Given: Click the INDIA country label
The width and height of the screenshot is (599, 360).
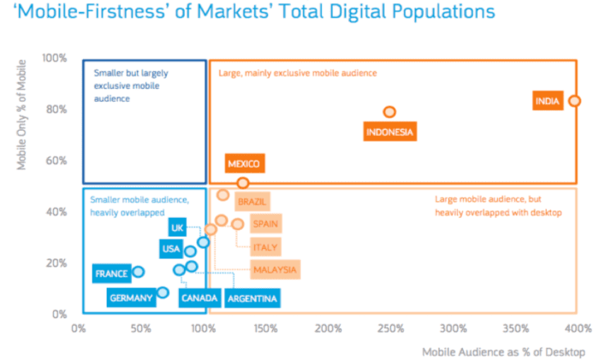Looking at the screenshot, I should (547, 101).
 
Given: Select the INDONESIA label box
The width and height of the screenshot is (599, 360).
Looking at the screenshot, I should (389, 132).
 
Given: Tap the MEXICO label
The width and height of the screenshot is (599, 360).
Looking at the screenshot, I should (244, 163).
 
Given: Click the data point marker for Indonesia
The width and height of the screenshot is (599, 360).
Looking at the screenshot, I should (389, 112).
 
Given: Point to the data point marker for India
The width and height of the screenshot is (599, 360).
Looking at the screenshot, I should (575, 101).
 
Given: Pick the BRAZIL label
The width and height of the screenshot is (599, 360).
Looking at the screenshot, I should (252, 202).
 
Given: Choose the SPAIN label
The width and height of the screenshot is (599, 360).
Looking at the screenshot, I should (264, 224).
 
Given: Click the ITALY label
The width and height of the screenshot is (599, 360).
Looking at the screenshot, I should (264, 247).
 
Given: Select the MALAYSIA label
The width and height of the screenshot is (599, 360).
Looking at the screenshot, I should (275, 269).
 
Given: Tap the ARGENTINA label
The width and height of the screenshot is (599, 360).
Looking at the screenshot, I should (252, 298).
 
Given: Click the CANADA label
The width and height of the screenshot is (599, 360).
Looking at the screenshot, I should (199, 298).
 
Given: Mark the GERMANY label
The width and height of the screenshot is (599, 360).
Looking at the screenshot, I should (131, 298).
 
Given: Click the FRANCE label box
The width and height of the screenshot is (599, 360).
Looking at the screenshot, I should (111, 274).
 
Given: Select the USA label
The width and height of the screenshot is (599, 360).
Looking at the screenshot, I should (170, 249).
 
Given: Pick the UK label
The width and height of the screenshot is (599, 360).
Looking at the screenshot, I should (177, 227).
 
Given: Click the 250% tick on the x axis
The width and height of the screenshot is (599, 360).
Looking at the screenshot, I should (389, 328).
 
